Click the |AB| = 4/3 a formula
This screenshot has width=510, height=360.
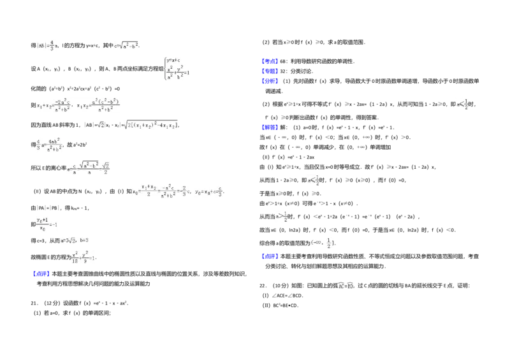point(48,45)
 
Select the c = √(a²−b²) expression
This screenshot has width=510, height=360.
point(127,46)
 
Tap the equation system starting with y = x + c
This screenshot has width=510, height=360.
point(178,69)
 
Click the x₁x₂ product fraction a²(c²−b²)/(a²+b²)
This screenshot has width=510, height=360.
point(99,106)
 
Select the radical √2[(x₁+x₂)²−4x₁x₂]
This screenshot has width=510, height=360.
point(150,125)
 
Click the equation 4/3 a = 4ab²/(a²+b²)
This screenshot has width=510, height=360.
point(50,143)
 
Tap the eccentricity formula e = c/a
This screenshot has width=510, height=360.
point(87,168)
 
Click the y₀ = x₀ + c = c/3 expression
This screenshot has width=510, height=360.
point(209,191)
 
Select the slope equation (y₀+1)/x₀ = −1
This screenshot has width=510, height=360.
point(48,224)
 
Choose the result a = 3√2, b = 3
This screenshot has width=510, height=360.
point(75,240)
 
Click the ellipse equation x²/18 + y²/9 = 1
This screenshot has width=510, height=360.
point(82,257)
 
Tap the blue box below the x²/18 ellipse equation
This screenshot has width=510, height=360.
point(41,275)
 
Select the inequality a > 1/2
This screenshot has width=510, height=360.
point(280,217)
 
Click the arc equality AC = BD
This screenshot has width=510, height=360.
point(346,285)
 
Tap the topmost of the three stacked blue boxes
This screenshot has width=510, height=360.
point(270,61)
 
